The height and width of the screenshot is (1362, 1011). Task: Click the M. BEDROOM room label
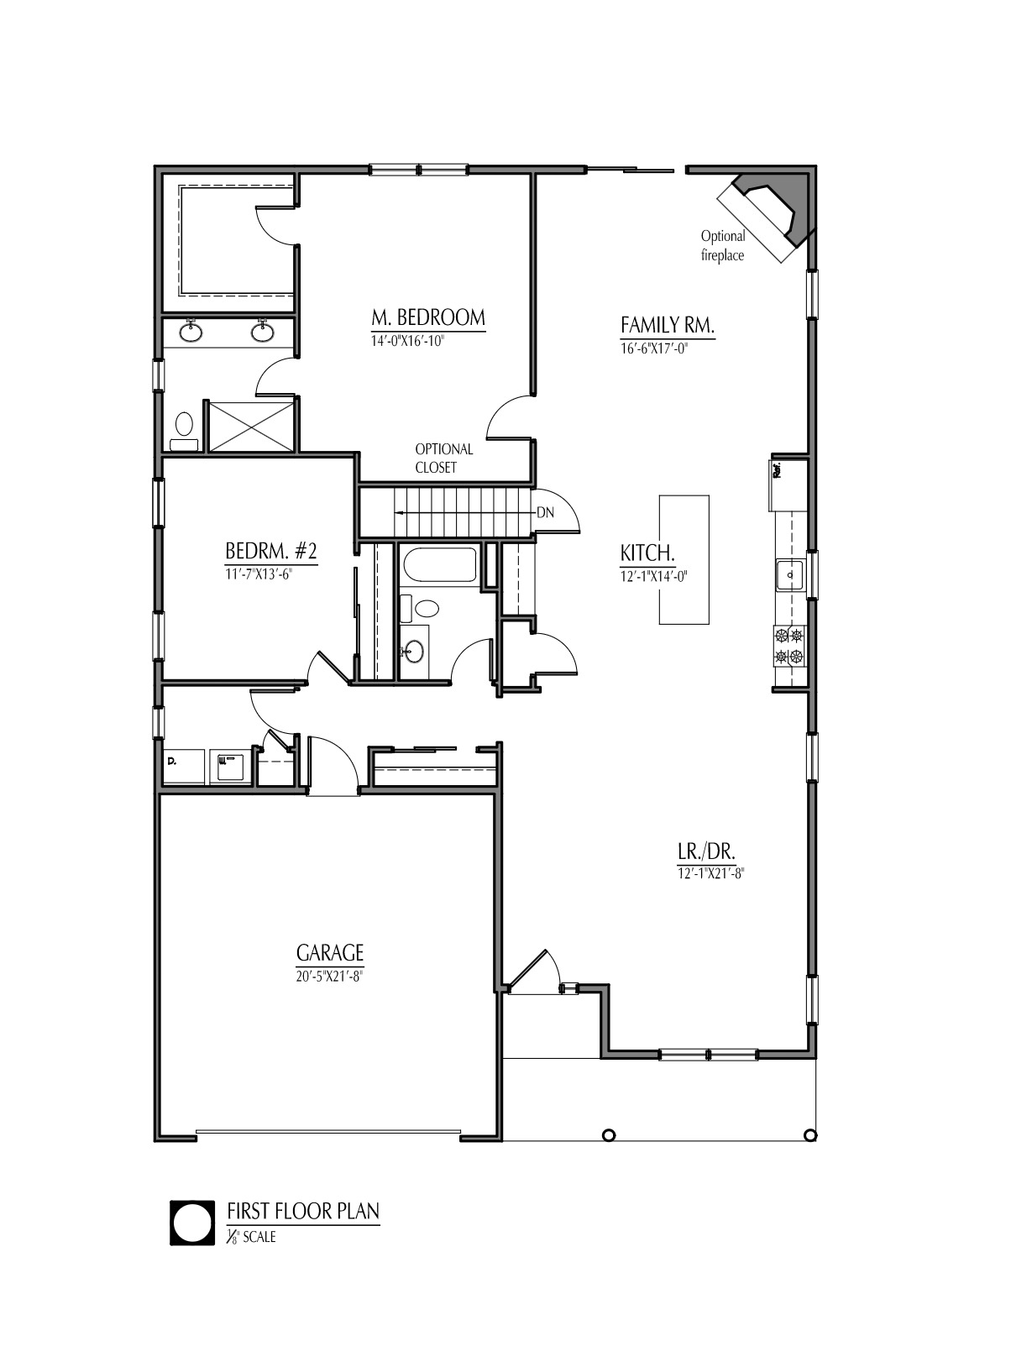coord(428,318)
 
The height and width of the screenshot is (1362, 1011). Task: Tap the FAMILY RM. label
coord(668,326)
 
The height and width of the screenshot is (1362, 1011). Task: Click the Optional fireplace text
coord(722,246)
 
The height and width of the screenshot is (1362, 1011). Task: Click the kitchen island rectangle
coord(684,559)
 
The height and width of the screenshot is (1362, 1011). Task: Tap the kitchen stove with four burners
coord(788,646)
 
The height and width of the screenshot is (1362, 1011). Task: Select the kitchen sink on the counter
coord(789,575)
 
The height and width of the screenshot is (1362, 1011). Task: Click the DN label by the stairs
coord(545,513)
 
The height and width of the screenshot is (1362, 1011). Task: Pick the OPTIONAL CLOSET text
coord(444,458)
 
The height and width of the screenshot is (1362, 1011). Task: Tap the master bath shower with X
coord(250,427)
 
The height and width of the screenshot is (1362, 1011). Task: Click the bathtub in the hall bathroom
coord(437,565)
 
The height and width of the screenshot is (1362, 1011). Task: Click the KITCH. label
coord(647,553)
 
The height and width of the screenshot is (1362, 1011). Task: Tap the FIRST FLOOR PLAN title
coord(303,1211)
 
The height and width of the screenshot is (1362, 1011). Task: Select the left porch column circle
coord(610,1135)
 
